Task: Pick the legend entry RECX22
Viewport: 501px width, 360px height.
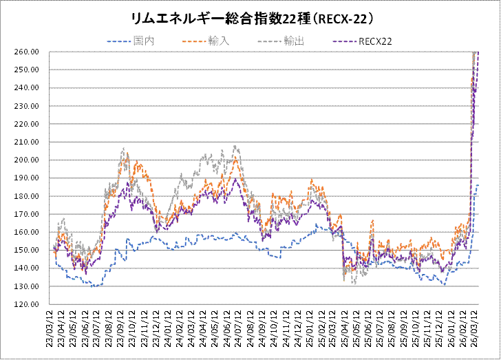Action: click(x=374, y=41)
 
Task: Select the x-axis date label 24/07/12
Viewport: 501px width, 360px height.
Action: click(x=241, y=329)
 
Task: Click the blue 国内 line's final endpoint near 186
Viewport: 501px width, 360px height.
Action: click(x=478, y=185)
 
